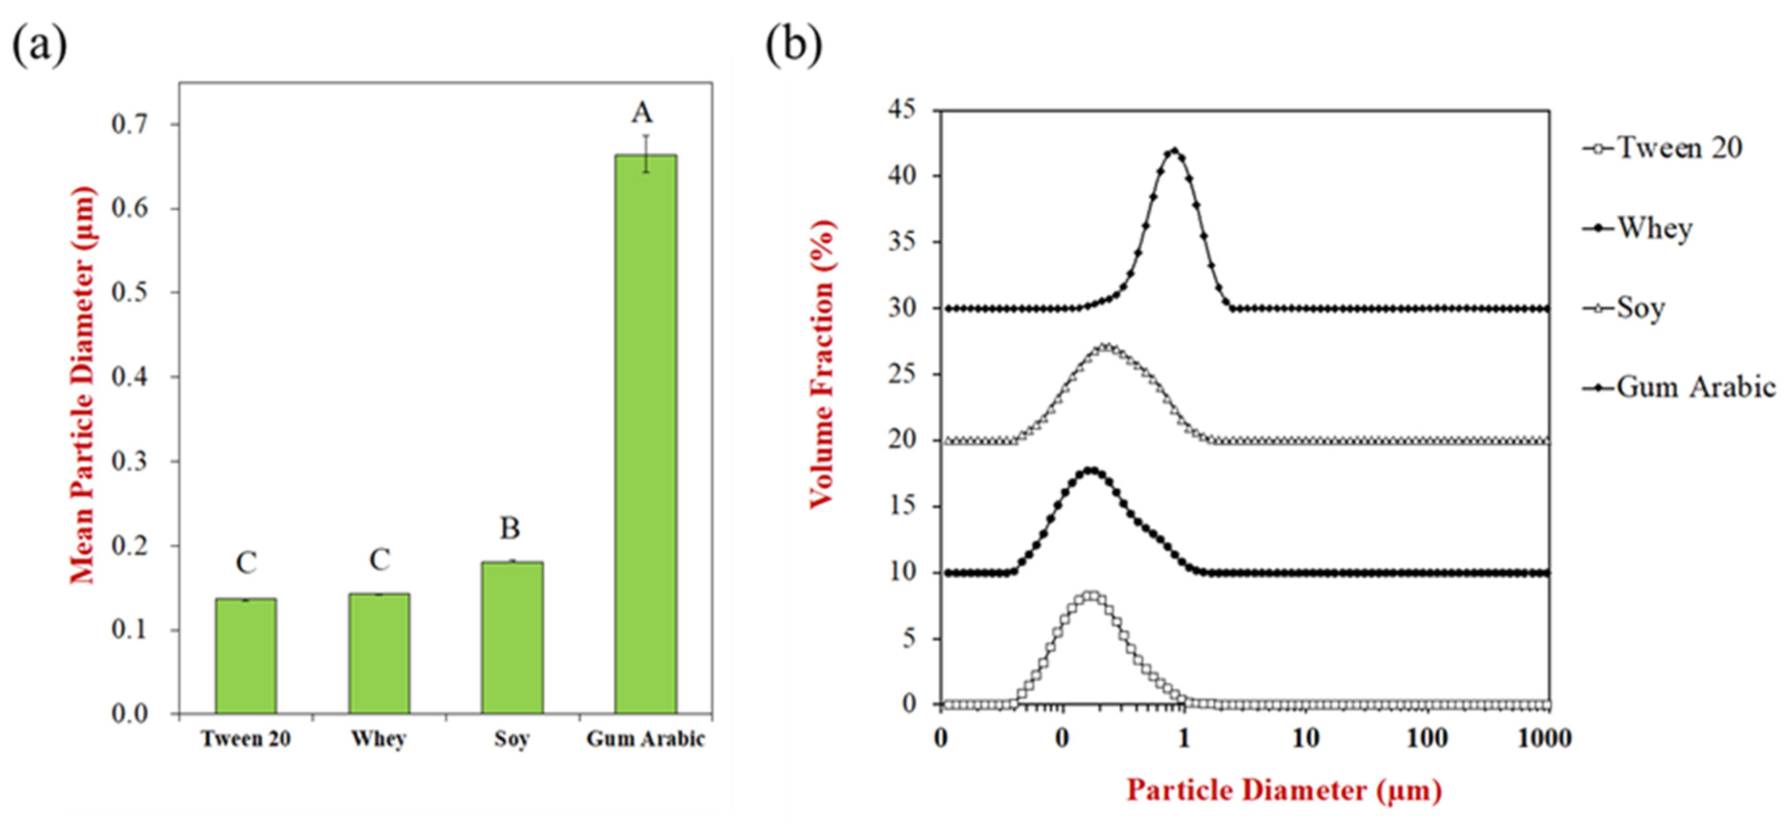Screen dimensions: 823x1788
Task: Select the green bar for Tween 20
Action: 246,656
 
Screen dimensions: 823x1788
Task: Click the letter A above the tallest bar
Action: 642,112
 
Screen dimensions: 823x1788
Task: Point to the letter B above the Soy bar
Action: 510,529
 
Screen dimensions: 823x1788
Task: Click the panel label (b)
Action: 794,45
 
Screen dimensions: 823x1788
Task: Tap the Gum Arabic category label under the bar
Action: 646,739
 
